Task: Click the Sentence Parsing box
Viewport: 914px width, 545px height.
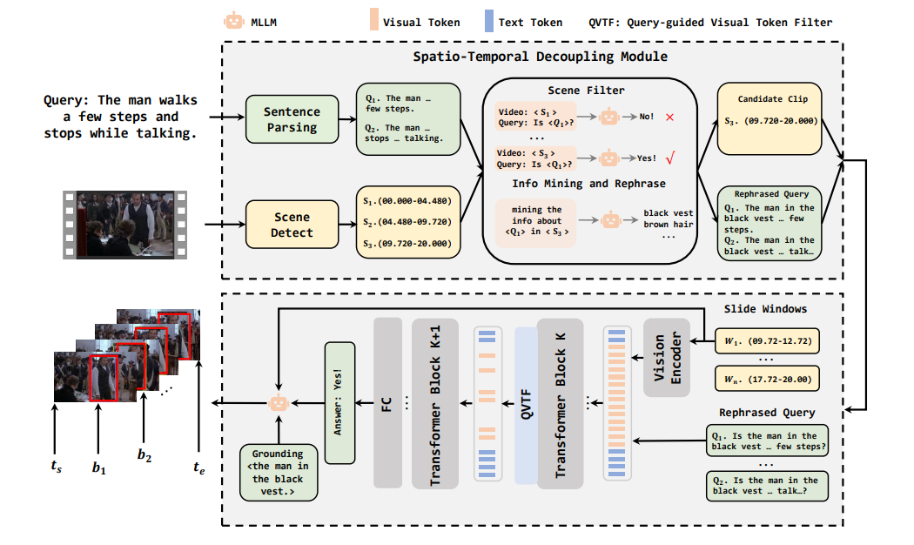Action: [x=292, y=120]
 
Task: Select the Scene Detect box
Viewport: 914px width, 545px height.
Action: [x=292, y=225]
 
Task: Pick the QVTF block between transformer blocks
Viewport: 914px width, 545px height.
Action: [x=526, y=405]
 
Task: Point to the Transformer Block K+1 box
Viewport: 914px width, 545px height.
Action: [x=434, y=403]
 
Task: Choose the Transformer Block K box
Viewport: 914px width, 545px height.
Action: [x=560, y=403]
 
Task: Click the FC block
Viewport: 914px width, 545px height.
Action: [x=387, y=403]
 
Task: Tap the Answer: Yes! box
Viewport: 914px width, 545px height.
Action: [x=340, y=401]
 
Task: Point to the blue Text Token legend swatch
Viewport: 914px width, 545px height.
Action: [x=488, y=22]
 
